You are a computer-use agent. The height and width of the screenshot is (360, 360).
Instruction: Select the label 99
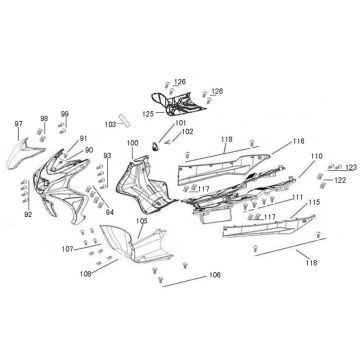coord(65,114)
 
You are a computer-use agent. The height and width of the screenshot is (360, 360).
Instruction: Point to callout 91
coord(84,138)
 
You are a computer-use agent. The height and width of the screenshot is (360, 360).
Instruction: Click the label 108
coord(86,271)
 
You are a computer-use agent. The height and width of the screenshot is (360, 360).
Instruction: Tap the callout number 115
coord(314,203)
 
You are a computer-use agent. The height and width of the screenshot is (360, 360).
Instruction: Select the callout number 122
coord(340,180)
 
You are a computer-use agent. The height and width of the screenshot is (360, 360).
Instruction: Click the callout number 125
coord(146,115)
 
